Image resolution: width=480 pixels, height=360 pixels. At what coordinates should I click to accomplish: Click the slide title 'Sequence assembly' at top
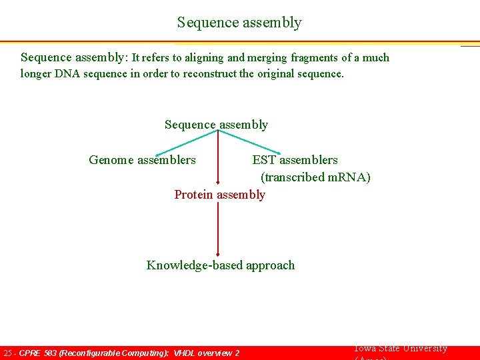tap(239, 23)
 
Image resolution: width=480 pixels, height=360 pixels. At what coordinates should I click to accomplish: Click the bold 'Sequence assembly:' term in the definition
tap(74, 57)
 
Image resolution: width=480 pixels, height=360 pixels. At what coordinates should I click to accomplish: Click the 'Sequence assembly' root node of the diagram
tap(216, 125)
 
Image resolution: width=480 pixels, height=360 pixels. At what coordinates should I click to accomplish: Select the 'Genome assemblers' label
tap(142, 160)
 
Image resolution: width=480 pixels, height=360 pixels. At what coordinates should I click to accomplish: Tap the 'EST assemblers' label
tap(295, 160)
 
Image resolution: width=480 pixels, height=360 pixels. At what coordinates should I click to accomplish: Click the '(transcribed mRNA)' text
tap(315, 177)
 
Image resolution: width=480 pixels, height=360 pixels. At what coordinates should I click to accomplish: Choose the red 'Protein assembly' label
tap(219, 195)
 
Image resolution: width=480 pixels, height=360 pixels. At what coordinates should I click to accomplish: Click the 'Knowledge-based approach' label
tap(220, 265)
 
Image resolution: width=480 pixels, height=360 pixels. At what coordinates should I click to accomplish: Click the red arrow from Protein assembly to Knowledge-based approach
tap(218, 230)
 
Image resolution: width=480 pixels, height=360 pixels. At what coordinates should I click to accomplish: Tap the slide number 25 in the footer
tap(8, 353)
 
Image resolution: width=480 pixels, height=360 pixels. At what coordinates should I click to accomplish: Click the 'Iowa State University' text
tap(400, 349)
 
